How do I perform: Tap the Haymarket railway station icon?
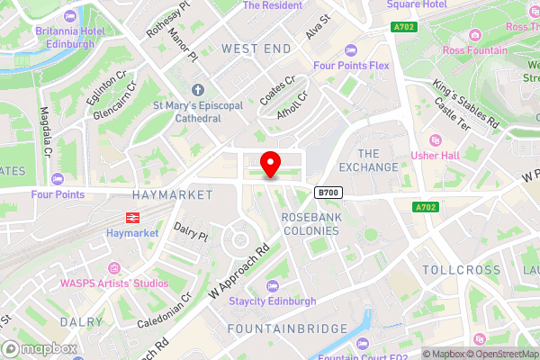pyautogui.click(x=131, y=217)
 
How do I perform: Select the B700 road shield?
pyautogui.click(x=327, y=193)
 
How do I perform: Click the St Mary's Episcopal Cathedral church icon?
pyautogui.click(x=198, y=90)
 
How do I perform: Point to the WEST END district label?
pyautogui.click(x=256, y=48)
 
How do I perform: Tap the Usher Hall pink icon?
pyautogui.click(x=436, y=141)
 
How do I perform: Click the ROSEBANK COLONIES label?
pyautogui.click(x=310, y=223)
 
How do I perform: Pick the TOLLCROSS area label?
pyautogui.click(x=460, y=270)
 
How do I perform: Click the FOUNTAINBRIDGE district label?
pyautogui.click(x=287, y=328)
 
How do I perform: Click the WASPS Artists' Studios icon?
pyautogui.click(x=114, y=268)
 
